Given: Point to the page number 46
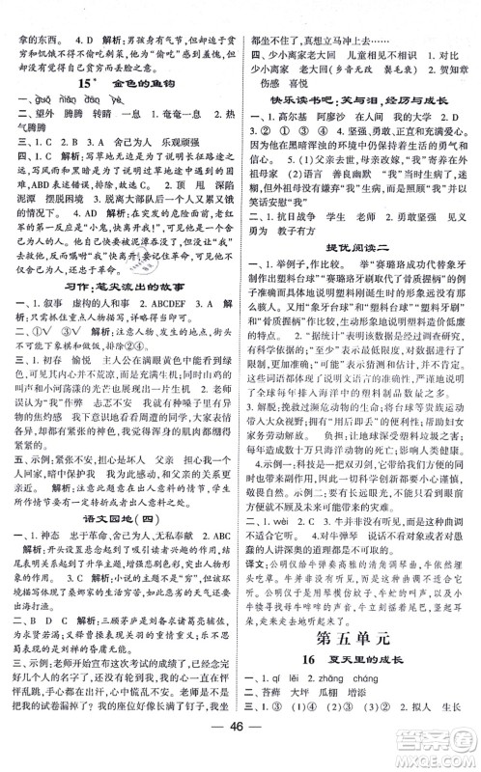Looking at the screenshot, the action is click(240, 756).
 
